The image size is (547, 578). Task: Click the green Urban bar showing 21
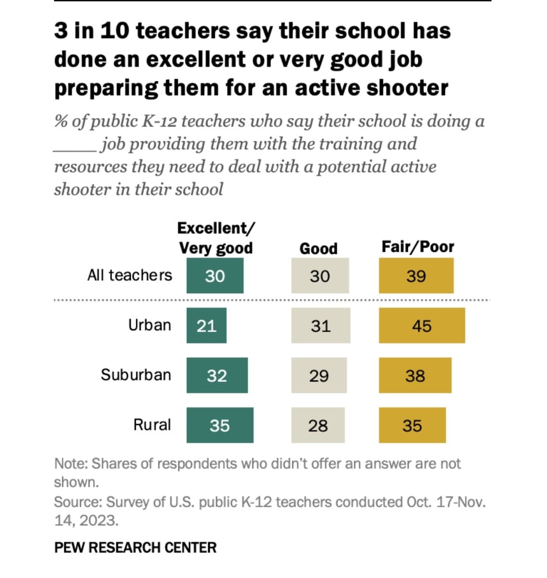pyautogui.click(x=206, y=326)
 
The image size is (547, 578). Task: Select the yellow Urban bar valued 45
pyautogui.click(x=421, y=326)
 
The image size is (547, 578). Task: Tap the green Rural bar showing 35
pyautogui.click(x=220, y=425)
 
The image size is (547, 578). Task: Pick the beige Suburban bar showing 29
pyautogui.click(x=319, y=375)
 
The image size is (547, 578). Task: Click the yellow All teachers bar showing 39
pyautogui.click(x=416, y=276)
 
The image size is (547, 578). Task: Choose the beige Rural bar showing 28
pyautogui.click(x=318, y=425)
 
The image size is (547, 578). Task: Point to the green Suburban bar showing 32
pyautogui.click(x=217, y=375)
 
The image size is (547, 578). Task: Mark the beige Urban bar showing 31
pyautogui.click(x=320, y=326)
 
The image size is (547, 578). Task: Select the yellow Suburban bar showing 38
pyautogui.click(x=415, y=375)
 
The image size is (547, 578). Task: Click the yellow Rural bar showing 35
pyautogui.click(x=412, y=425)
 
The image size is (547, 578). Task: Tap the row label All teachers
pyautogui.click(x=130, y=275)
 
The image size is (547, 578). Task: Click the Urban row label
pyautogui.click(x=149, y=325)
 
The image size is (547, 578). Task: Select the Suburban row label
pyautogui.click(x=136, y=375)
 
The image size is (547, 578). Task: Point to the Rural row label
pyautogui.click(x=152, y=424)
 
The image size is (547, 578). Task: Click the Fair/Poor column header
pyautogui.click(x=417, y=247)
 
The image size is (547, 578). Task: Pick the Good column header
pyautogui.click(x=318, y=249)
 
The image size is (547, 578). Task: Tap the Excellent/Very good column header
pyautogui.click(x=216, y=238)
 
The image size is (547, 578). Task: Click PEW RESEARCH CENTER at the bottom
pyautogui.click(x=135, y=548)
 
